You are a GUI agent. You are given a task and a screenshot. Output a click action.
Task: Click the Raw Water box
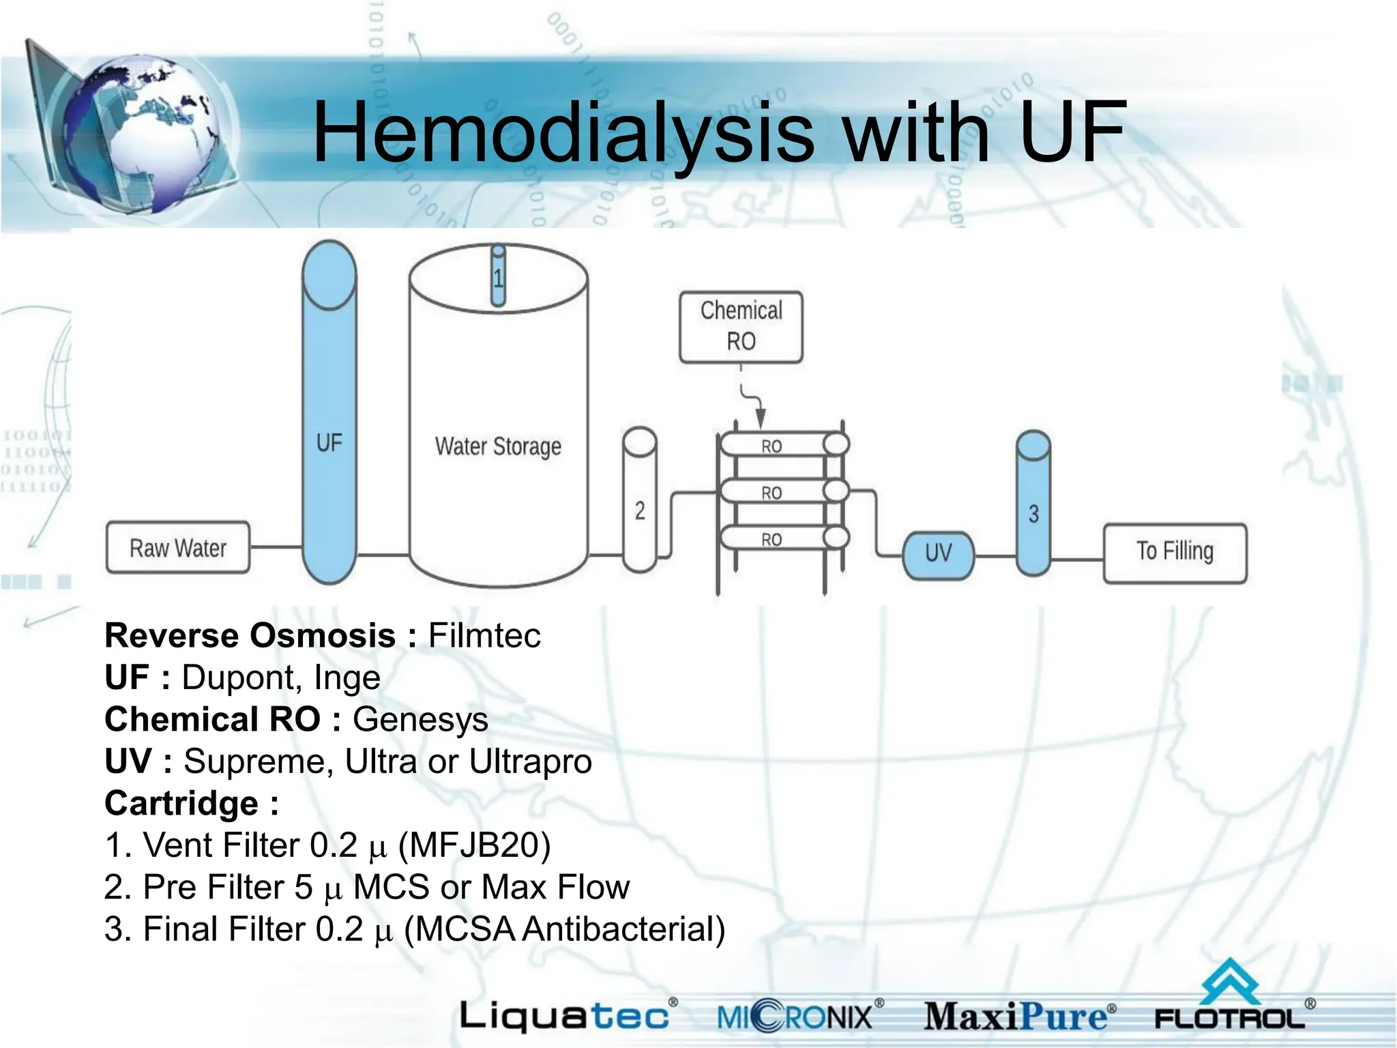point(178,548)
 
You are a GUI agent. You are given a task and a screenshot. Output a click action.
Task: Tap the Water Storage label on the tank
point(498,446)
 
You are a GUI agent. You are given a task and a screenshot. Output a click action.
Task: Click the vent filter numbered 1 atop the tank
point(499,276)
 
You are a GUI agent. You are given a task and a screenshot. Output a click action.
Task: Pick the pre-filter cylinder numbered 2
point(640,501)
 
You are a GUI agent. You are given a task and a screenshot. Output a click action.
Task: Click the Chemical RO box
point(741,326)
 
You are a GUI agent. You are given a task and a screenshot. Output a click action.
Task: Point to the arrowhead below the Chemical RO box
point(760,417)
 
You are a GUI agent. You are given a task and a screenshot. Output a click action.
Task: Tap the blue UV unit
point(938,554)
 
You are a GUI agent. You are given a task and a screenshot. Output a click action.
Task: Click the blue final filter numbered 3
point(1033,505)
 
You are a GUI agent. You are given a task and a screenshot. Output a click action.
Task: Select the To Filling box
point(1175,552)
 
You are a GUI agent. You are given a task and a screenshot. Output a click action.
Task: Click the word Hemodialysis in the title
point(563,133)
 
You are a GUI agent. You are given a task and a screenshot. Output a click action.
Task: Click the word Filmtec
point(484,636)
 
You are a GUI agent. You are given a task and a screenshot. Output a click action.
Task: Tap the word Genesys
point(420,719)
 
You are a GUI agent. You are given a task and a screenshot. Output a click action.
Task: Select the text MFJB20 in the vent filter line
point(475,845)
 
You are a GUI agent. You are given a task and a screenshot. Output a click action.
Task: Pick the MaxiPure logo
point(1019,1017)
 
